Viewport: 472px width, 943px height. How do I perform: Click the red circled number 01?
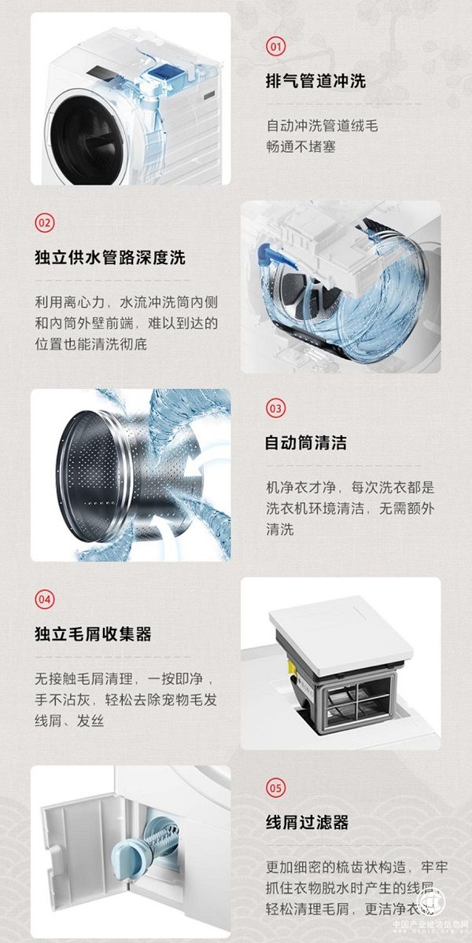pos(275,46)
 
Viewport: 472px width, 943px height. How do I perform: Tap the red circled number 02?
pos(45,222)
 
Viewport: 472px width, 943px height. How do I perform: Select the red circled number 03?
pos(275,409)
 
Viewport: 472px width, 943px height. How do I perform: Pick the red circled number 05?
pos(275,787)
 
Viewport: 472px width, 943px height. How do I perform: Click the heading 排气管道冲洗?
pos(315,81)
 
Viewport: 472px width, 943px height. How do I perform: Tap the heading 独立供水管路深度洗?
pos(110,258)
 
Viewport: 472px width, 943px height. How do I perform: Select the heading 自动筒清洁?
pos(305,443)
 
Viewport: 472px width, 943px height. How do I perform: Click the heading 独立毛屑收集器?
pos(93,633)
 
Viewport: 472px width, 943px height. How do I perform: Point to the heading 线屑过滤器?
pos(307,823)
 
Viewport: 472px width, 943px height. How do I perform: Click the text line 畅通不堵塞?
pos(301,146)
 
